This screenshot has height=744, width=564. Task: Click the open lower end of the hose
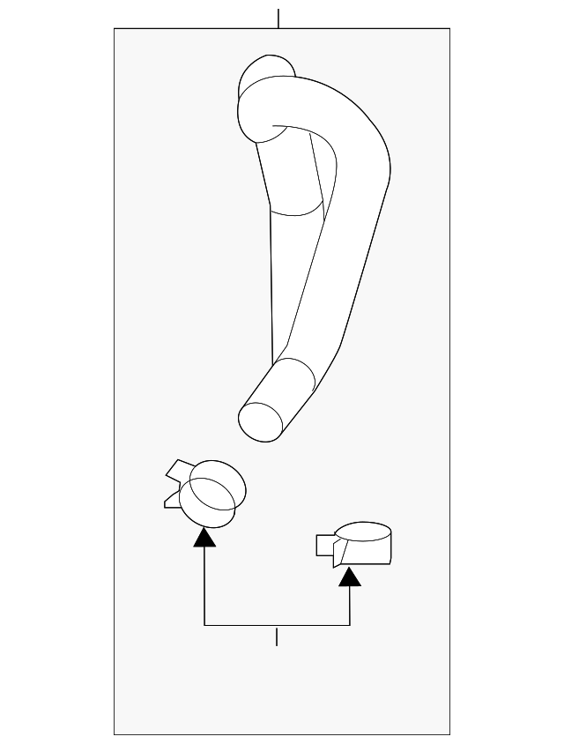pyautogui.click(x=261, y=420)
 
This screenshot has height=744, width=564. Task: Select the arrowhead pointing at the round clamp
pyautogui.click(x=204, y=537)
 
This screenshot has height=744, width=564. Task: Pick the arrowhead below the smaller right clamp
pyautogui.click(x=350, y=577)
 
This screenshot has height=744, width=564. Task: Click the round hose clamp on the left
pyautogui.click(x=211, y=494)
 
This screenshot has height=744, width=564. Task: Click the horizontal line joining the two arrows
pyautogui.click(x=277, y=625)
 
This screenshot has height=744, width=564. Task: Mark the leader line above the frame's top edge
pyautogui.click(x=278, y=19)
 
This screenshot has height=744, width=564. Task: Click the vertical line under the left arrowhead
pyautogui.click(x=204, y=586)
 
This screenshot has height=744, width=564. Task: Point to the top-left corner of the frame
pyautogui.click(x=115, y=29)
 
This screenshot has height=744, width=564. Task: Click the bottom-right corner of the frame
pyautogui.click(x=449, y=733)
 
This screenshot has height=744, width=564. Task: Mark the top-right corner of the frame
pyautogui.click(x=449, y=29)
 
